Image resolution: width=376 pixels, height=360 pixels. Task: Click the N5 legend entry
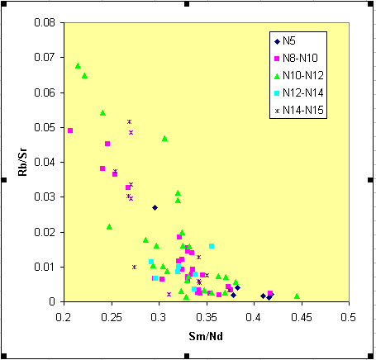(x=285, y=41)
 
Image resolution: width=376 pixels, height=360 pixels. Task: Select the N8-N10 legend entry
(x=297, y=58)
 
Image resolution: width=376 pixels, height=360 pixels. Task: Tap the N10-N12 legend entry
(x=299, y=75)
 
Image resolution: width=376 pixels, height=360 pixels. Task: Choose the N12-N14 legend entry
(x=299, y=93)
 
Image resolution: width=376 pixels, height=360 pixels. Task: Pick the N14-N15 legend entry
(x=299, y=111)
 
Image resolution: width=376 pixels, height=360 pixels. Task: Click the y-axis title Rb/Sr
(x=22, y=162)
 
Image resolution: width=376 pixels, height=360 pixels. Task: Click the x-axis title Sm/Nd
(x=206, y=336)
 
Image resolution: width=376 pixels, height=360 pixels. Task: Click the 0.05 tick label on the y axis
(x=45, y=127)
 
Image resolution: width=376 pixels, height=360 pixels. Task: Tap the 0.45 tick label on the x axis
(x=302, y=317)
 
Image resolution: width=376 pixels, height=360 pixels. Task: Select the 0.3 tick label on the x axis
(x=159, y=317)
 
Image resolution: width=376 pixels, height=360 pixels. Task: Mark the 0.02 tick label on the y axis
(x=45, y=232)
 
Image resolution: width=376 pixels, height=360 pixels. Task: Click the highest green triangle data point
(x=78, y=66)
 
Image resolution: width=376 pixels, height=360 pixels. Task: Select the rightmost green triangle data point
(x=297, y=296)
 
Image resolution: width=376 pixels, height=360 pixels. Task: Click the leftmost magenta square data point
(x=70, y=130)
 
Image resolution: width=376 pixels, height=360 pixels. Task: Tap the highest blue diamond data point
(x=155, y=207)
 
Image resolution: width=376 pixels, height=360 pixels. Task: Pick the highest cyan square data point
(x=212, y=246)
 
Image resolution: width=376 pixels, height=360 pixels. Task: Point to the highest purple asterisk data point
(x=129, y=121)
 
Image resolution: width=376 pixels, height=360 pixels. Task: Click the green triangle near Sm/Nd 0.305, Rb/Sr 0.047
(x=164, y=139)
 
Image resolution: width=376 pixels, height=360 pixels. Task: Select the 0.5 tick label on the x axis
(x=348, y=317)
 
